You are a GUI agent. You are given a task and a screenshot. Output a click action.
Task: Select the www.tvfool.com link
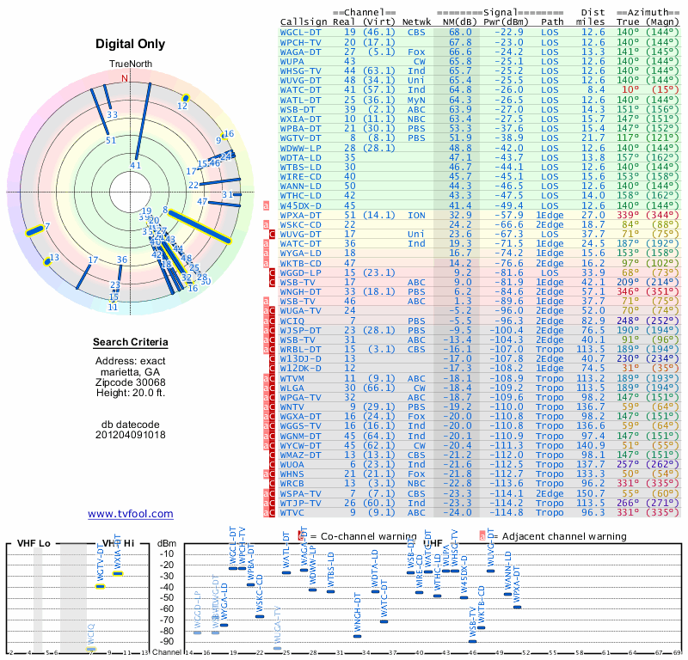(130, 514)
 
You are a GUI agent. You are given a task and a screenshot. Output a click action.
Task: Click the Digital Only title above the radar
(131, 44)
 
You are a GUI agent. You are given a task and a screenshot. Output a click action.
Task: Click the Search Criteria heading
(131, 343)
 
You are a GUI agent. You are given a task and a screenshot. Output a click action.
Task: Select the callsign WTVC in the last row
(296, 513)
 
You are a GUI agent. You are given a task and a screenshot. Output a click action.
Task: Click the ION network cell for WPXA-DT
(416, 215)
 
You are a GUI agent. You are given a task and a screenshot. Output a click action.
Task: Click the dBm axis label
(167, 544)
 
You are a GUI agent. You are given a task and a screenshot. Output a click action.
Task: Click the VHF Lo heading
(34, 544)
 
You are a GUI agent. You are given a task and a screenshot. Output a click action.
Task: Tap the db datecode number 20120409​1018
(131, 435)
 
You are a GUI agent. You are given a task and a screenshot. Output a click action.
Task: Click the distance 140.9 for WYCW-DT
(592, 446)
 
